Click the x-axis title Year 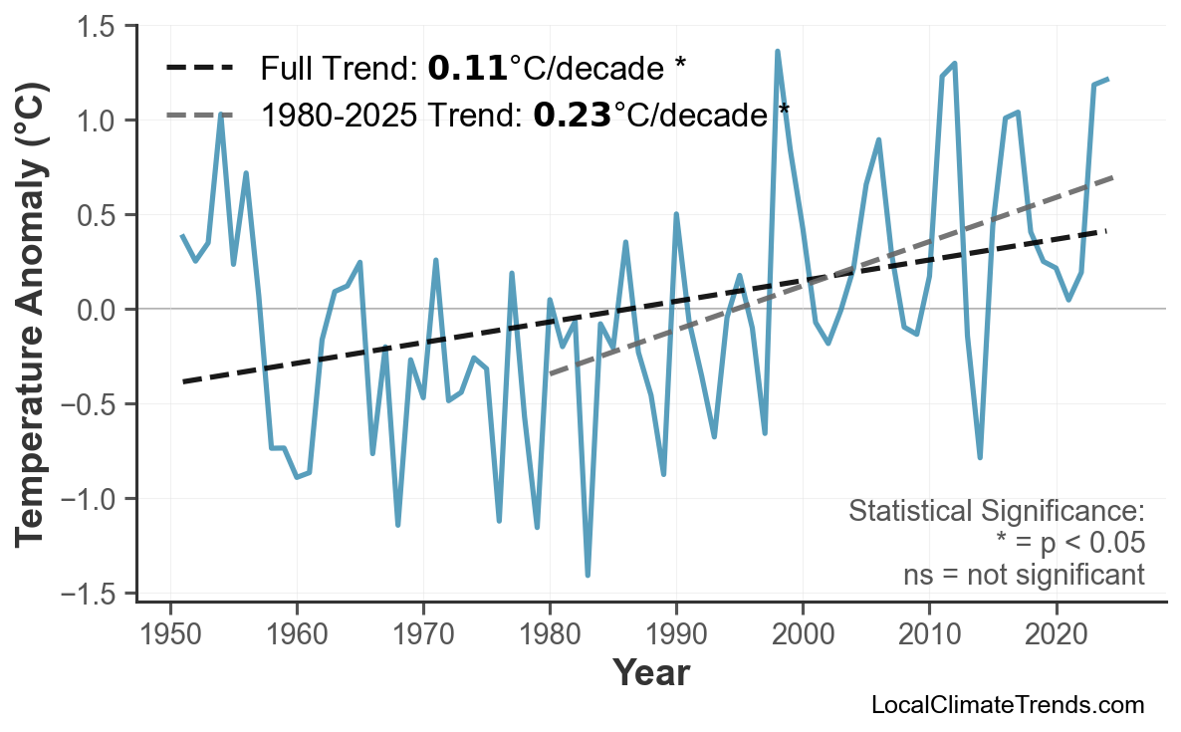[650, 673]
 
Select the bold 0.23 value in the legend [572, 116]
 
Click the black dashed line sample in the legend [199, 69]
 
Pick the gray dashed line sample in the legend [199, 116]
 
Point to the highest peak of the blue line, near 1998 [778, 51]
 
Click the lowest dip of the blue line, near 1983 [588, 575]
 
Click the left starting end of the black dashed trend [184, 381]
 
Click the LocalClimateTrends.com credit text [1007, 705]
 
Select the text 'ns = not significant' [1024, 575]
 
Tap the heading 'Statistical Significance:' [996, 512]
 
